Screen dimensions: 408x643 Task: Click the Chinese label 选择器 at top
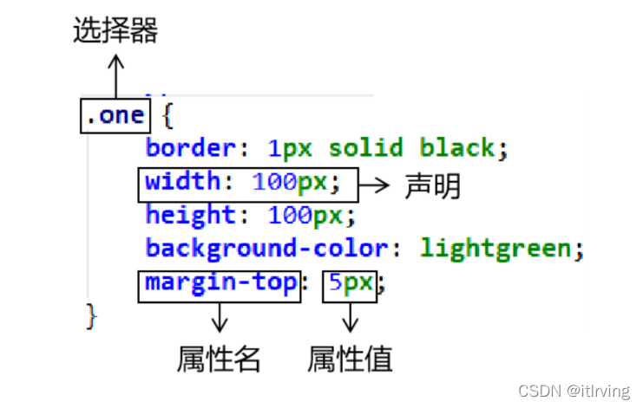[115, 32]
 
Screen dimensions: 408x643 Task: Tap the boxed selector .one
[115, 116]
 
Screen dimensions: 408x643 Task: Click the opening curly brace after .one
[167, 116]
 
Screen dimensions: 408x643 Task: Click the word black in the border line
[456, 148]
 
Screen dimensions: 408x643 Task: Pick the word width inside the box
[182, 183]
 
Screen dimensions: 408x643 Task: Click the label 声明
[432, 186]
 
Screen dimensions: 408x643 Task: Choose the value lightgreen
[495, 249]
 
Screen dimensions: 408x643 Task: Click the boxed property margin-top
[220, 283]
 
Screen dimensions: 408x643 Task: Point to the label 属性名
[219, 358]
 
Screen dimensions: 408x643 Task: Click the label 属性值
[350, 358]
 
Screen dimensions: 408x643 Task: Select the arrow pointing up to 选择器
[115, 74]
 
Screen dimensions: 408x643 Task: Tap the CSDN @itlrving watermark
[574, 392]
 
